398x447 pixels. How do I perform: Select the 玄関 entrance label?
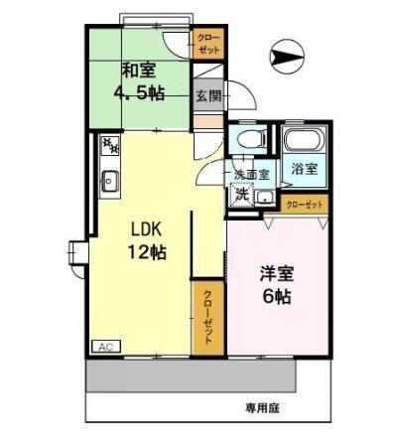point(207,96)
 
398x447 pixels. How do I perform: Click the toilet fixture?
point(246,140)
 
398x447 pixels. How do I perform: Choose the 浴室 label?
point(304,169)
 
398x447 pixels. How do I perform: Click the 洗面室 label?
point(250,175)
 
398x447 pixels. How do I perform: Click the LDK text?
point(145,225)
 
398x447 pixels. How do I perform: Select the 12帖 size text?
point(145,251)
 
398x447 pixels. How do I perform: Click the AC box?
point(103,346)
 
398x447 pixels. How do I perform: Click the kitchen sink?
point(110,181)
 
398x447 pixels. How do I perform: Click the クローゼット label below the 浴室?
point(305,205)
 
